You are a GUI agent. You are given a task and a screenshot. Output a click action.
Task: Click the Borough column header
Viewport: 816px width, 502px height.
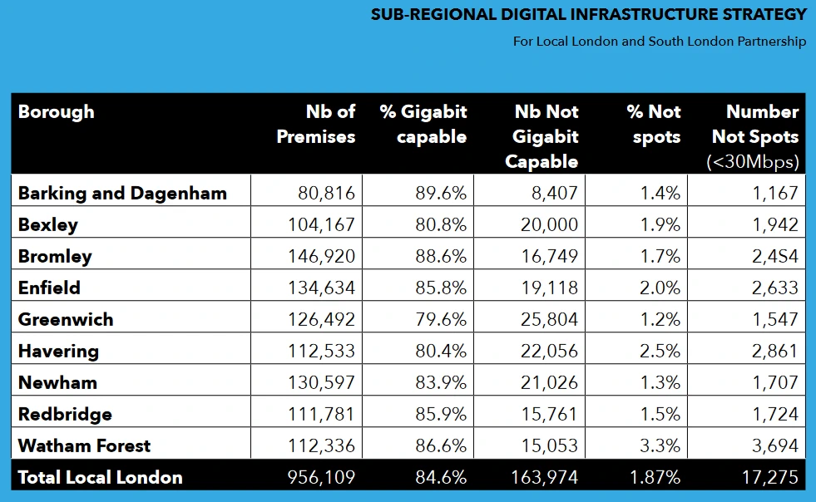(x=57, y=112)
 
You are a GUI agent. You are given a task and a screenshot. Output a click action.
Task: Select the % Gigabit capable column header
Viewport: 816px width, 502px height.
(x=423, y=124)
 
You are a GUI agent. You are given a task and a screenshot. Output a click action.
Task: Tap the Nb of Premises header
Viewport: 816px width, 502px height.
(x=316, y=124)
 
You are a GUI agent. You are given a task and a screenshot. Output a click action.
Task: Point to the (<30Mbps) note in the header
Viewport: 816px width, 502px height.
(x=752, y=161)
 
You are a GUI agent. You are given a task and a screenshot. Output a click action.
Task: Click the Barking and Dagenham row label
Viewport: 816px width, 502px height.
(x=122, y=193)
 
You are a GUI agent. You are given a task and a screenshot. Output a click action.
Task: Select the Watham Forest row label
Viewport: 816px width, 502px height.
(x=84, y=445)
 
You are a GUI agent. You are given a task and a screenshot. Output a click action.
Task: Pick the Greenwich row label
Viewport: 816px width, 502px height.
(x=66, y=319)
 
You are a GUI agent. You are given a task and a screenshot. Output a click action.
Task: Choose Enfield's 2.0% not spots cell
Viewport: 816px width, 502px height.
(x=660, y=288)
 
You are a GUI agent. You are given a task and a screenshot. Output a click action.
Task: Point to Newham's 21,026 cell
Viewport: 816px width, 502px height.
(x=545, y=382)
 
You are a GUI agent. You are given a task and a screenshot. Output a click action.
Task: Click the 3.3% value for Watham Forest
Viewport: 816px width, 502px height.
(x=660, y=445)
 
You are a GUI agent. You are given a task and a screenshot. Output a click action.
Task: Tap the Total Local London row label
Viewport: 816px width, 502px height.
(x=100, y=477)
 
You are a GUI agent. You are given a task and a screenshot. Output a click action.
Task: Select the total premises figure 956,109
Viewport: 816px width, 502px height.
(x=320, y=477)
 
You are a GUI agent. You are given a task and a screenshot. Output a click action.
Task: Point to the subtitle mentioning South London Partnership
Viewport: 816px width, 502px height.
(x=660, y=42)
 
